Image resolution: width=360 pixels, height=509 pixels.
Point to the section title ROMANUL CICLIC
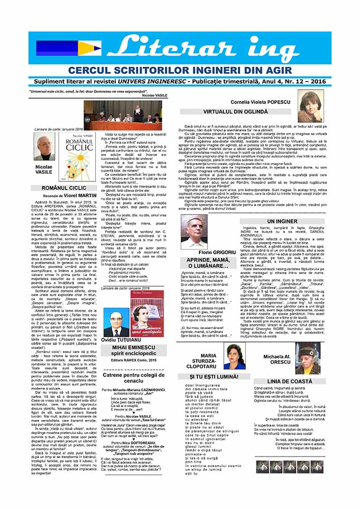tap(64, 188)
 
